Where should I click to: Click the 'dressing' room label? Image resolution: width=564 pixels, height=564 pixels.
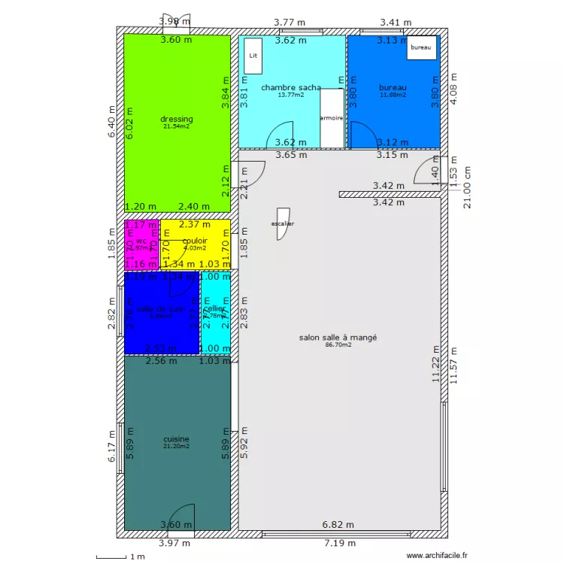(x=177, y=119)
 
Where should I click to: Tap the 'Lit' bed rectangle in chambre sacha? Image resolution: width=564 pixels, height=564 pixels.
(x=253, y=56)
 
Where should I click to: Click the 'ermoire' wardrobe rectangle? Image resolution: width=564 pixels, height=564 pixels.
(x=332, y=118)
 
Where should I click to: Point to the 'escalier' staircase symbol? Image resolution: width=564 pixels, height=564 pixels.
(x=283, y=223)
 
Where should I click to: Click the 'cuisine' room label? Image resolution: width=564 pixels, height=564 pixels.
(x=176, y=439)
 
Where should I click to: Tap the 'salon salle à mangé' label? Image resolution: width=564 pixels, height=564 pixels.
(x=338, y=338)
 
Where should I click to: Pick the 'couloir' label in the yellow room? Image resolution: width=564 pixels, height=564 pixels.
(x=195, y=241)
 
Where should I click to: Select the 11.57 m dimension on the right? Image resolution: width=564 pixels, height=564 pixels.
(x=453, y=366)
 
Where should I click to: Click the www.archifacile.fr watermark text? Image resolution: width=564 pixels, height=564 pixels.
(x=436, y=556)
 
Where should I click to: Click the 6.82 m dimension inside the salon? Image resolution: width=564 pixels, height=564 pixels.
(x=338, y=525)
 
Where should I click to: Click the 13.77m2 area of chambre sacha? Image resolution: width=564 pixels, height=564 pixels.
(x=291, y=96)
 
